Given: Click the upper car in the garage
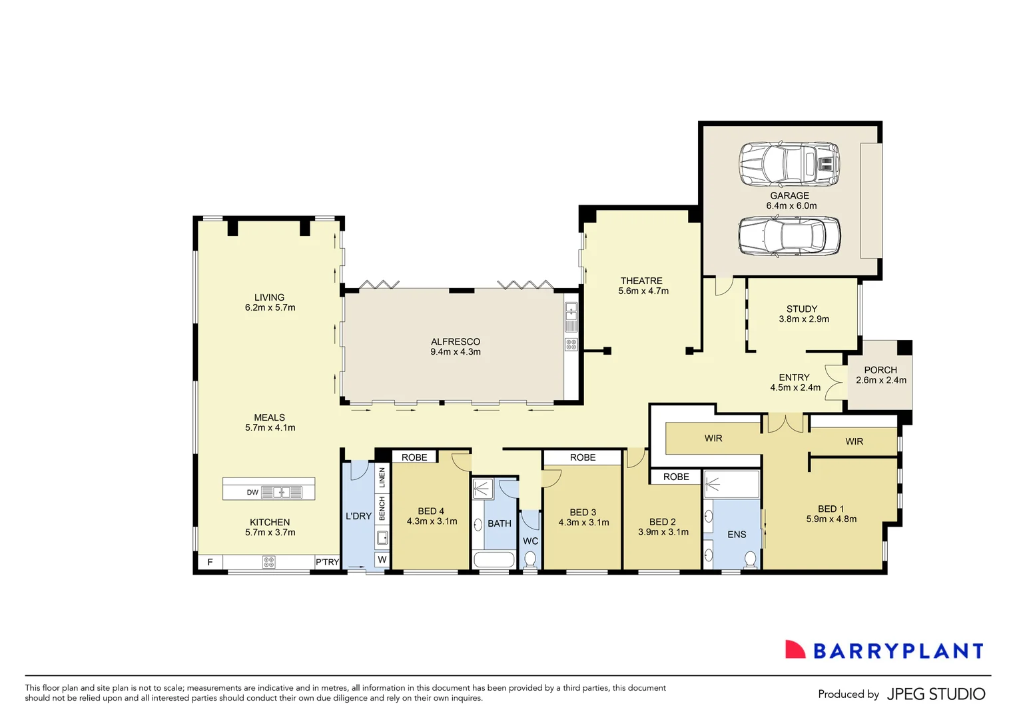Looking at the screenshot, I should [x=789, y=164].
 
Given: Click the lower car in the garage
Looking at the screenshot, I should [x=789, y=237].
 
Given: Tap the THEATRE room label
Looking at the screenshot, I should [x=641, y=281].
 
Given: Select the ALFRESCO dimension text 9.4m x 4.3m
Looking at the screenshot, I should [x=456, y=352].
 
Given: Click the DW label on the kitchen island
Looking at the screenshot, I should [x=252, y=493].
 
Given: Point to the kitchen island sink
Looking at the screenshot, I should [x=282, y=493].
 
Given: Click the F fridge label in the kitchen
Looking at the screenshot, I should [x=210, y=562].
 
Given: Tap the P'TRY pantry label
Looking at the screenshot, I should [x=327, y=562].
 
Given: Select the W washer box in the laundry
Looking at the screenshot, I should [x=382, y=559].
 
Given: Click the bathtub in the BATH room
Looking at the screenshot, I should [x=494, y=559].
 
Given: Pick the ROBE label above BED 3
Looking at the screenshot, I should [x=583, y=457].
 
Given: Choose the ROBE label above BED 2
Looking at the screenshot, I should [x=676, y=477].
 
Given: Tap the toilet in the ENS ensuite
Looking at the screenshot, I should [x=751, y=559].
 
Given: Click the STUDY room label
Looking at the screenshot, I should [x=802, y=309].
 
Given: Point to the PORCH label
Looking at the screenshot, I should [x=880, y=370].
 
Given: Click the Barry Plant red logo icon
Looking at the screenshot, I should [x=795, y=650].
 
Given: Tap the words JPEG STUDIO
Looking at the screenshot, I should [x=936, y=694].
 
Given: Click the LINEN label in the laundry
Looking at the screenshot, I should [x=382, y=477].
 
